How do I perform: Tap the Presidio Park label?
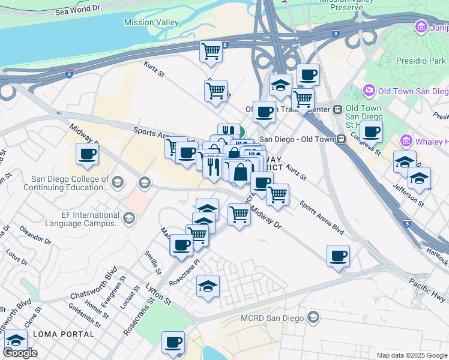(x=420, y=61)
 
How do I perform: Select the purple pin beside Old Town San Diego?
(x=369, y=91)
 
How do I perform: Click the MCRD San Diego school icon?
(x=313, y=316)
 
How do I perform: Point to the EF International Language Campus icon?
(x=128, y=216)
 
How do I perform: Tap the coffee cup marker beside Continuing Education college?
(x=87, y=155)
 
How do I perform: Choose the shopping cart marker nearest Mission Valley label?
(x=211, y=52)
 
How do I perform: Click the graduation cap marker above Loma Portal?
(x=16, y=341)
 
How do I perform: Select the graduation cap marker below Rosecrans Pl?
(x=208, y=286)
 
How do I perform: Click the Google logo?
(x=20, y=353)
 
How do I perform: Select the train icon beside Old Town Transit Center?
(x=338, y=109)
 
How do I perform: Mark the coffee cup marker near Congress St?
(x=371, y=131)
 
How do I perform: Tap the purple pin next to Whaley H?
(x=406, y=141)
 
